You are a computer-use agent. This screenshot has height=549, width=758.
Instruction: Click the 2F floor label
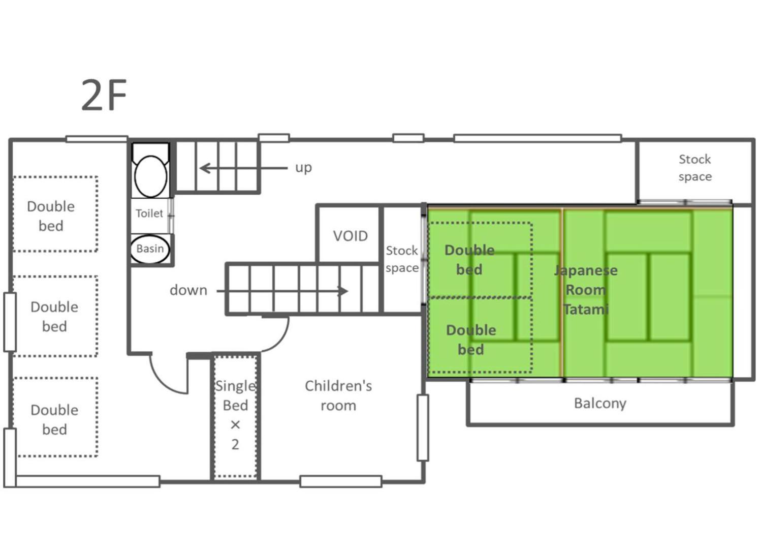(x=104, y=95)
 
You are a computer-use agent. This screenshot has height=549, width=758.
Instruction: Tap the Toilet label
(x=149, y=213)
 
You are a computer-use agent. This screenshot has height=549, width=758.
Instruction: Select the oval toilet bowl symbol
(x=150, y=176)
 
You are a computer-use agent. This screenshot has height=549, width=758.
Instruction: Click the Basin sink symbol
(x=150, y=249)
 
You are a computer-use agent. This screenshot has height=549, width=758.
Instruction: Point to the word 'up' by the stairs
(x=303, y=168)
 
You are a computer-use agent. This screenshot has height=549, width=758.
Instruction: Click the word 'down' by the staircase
(x=188, y=290)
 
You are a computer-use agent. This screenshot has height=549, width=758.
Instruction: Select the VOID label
(x=350, y=236)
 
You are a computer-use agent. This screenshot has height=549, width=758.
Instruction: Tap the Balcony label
(x=601, y=404)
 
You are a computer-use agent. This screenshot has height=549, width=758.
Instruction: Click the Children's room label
(x=338, y=395)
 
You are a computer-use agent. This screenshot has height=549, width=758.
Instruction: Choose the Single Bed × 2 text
(x=236, y=415)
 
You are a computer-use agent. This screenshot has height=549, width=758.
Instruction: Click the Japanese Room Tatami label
(x=586, y=290)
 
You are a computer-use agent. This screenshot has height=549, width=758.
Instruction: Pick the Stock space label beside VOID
(x=402, y=259)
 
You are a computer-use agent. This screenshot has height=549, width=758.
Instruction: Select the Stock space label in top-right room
(x=695, y=168)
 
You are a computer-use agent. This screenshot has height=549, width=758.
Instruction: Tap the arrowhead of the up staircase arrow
(x=205, y=168)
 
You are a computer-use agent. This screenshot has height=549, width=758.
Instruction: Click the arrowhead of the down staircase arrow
(x=343, y=291)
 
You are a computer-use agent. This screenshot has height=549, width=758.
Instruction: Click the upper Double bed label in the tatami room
(x=469, y=260)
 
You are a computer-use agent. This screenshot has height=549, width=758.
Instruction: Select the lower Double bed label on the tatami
(x=471, y=340)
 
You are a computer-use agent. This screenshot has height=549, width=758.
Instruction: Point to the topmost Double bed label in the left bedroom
(x=51, y=216)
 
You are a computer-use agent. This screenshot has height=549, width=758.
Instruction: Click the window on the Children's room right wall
(x=423, y=428)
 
